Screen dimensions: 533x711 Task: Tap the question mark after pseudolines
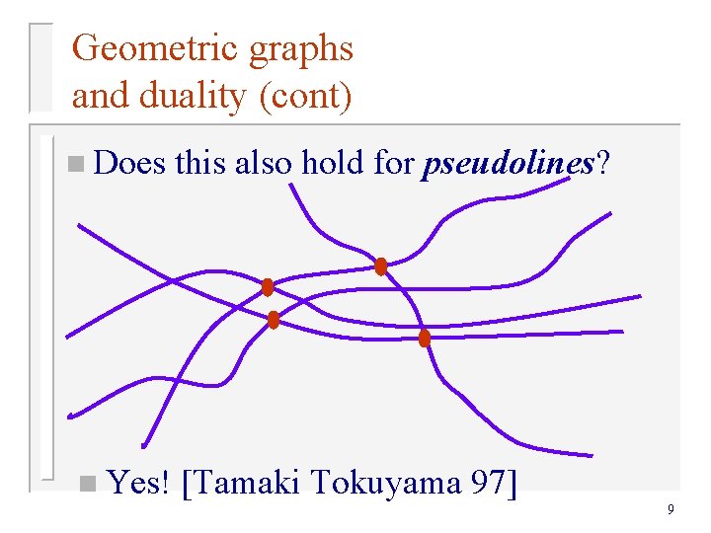(601, 163)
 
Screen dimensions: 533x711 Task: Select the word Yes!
(139, 483)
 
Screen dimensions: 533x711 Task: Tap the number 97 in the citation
(488, 483)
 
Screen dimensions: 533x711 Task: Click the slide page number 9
(671, 510)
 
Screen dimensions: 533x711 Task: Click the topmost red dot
(381, 266)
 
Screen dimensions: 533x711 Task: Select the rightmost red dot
(425, 339)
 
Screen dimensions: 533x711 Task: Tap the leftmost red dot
(267, 287)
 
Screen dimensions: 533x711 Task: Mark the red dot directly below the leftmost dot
(274, 320)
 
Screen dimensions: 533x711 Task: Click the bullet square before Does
(77, 165)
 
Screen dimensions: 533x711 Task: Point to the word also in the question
(263, 163)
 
